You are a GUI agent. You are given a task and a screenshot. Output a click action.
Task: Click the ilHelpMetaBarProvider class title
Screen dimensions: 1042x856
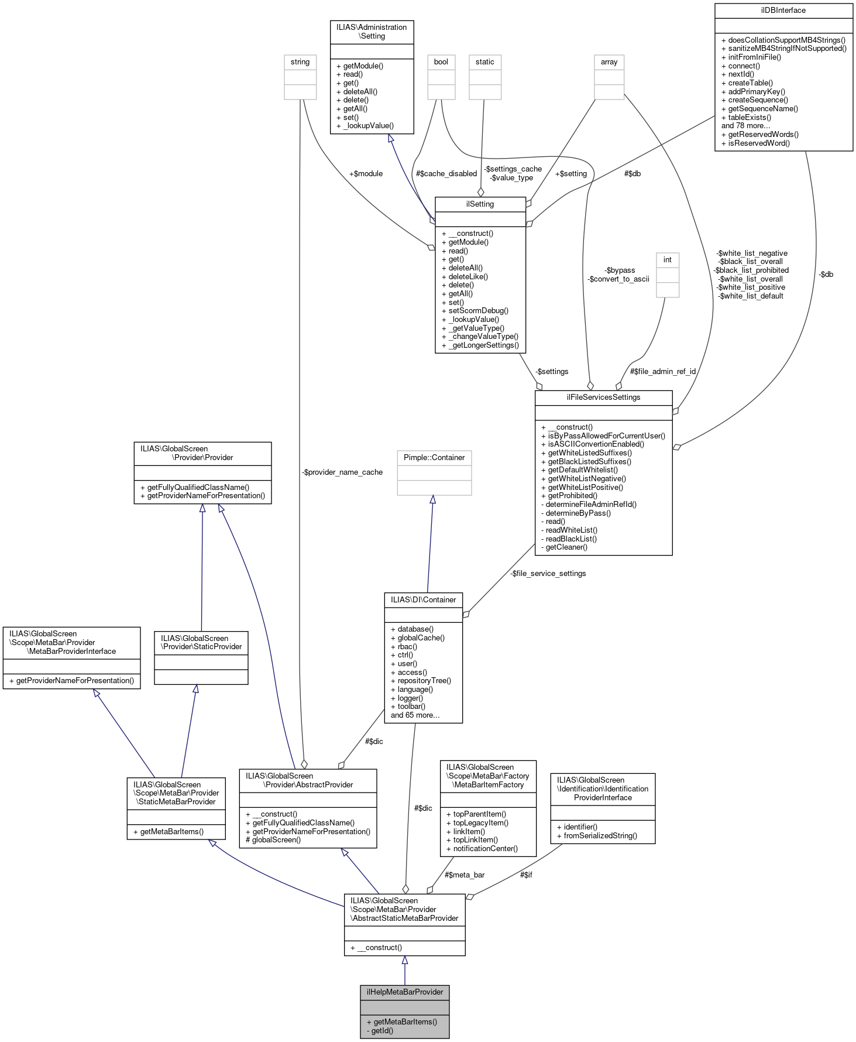404,992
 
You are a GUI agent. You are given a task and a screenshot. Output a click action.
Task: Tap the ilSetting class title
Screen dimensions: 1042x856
480,204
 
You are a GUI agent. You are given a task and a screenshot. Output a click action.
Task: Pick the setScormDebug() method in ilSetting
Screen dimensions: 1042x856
475,311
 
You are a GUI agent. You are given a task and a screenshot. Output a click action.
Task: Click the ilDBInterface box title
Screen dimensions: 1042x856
783,10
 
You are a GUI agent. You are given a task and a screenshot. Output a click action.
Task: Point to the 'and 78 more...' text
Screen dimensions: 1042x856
745,125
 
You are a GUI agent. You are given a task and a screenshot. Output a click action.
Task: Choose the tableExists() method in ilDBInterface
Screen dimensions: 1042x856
750,117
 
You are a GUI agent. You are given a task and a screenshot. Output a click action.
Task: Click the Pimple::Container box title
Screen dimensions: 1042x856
434,457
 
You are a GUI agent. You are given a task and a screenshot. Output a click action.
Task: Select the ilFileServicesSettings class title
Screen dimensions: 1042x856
603,397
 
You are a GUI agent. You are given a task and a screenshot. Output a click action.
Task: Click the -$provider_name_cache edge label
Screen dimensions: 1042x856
343,472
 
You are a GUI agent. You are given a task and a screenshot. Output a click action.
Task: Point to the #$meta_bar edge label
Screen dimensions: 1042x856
465,875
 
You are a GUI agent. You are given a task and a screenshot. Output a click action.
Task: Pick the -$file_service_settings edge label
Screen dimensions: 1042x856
548,573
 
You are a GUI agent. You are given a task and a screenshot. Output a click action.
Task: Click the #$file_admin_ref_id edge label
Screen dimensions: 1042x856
663,371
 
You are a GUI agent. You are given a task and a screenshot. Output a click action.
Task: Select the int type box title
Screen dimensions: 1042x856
667,259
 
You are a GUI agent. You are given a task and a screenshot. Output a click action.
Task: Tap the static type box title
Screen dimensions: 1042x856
484,61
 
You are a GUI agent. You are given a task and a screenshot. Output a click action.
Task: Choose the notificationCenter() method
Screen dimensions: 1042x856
482,848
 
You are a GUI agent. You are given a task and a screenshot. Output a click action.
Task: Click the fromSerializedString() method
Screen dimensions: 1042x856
597,835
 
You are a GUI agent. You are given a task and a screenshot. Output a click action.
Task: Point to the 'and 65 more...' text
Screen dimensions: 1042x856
415,715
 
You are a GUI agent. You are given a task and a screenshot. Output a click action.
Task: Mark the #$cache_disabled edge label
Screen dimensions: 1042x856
446,173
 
